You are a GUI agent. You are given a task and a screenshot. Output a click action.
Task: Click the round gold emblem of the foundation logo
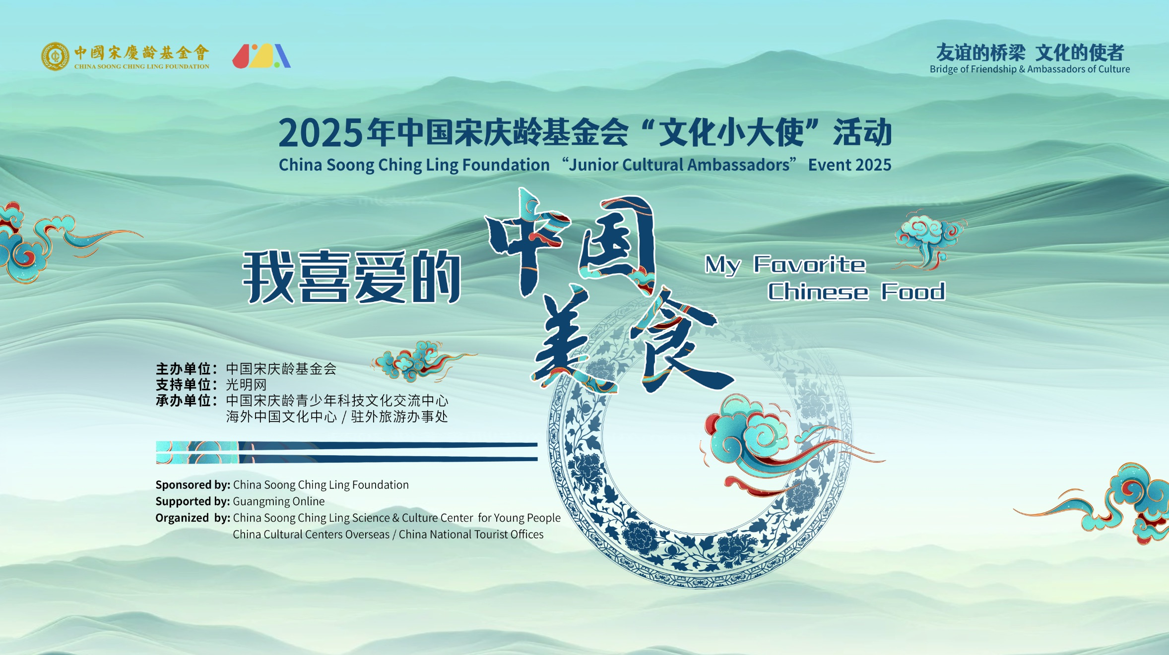tap(55, 56)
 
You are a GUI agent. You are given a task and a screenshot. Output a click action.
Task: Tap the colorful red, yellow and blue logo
tap(261, 56)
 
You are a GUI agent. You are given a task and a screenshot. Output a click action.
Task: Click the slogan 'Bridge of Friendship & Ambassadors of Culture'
tap(1030, 69)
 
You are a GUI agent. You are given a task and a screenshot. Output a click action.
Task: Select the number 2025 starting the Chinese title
tap(320, 133)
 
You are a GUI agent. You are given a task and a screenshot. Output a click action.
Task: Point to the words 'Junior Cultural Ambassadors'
tap(679, 165)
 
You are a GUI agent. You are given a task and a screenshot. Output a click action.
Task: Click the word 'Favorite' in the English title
tap(809, 264)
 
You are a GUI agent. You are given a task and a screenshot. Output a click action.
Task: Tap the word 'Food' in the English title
tap(913, 292)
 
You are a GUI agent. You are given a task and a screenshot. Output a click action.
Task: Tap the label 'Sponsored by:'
tap(193, 485)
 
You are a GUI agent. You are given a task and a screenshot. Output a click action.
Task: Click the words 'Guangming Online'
tap(279, 501)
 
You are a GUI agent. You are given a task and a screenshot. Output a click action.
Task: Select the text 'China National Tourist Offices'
tap(471, 535)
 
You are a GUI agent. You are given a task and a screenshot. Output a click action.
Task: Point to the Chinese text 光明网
tap(246, 385)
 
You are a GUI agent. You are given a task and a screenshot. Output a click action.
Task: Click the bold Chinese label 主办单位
tap(184, 369)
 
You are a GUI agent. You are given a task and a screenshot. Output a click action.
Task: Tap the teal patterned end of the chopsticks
tap(197, 452)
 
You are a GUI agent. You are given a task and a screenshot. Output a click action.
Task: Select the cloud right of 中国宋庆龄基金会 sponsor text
tap(417, 362)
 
